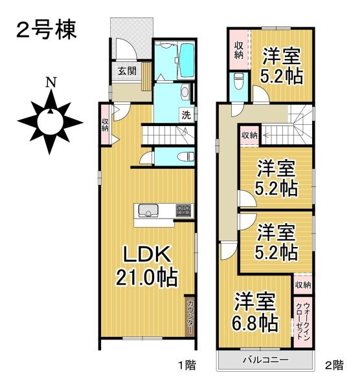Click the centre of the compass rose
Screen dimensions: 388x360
[x=50, y=121]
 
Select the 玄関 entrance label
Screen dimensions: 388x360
[x=127, y=71]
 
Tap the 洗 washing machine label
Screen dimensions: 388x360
[x=186, y=116]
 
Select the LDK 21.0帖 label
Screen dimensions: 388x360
[x=147, y=264]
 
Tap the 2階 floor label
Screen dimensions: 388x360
[x=334, y=365]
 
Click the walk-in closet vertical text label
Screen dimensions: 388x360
[x=302, y=316]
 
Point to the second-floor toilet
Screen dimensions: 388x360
[x=238, y=81]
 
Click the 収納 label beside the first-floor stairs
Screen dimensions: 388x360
[x=105, y=124]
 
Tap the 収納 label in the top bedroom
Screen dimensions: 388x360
[x=238, y=49]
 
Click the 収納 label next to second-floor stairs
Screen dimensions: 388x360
[x=249, y=135]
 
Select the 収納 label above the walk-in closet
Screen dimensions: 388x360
[x=302, y=284]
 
